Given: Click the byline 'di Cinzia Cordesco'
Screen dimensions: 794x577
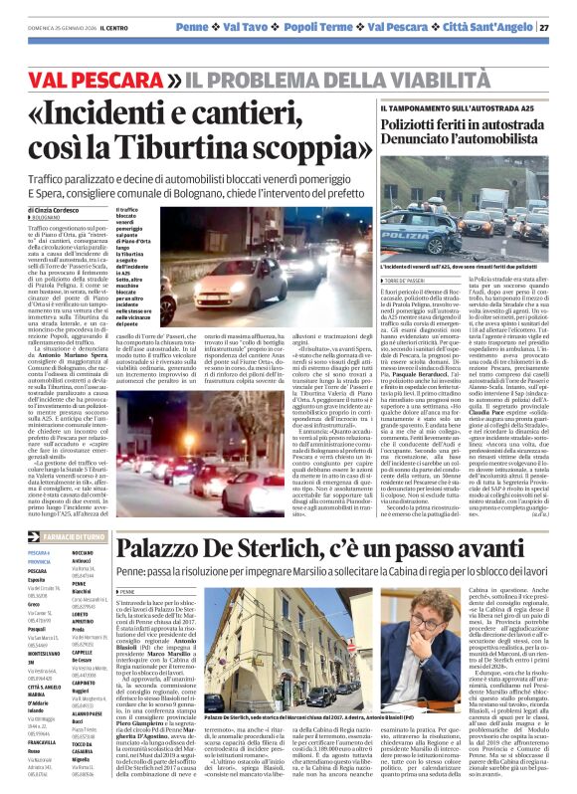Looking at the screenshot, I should [x=55, y=211].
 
